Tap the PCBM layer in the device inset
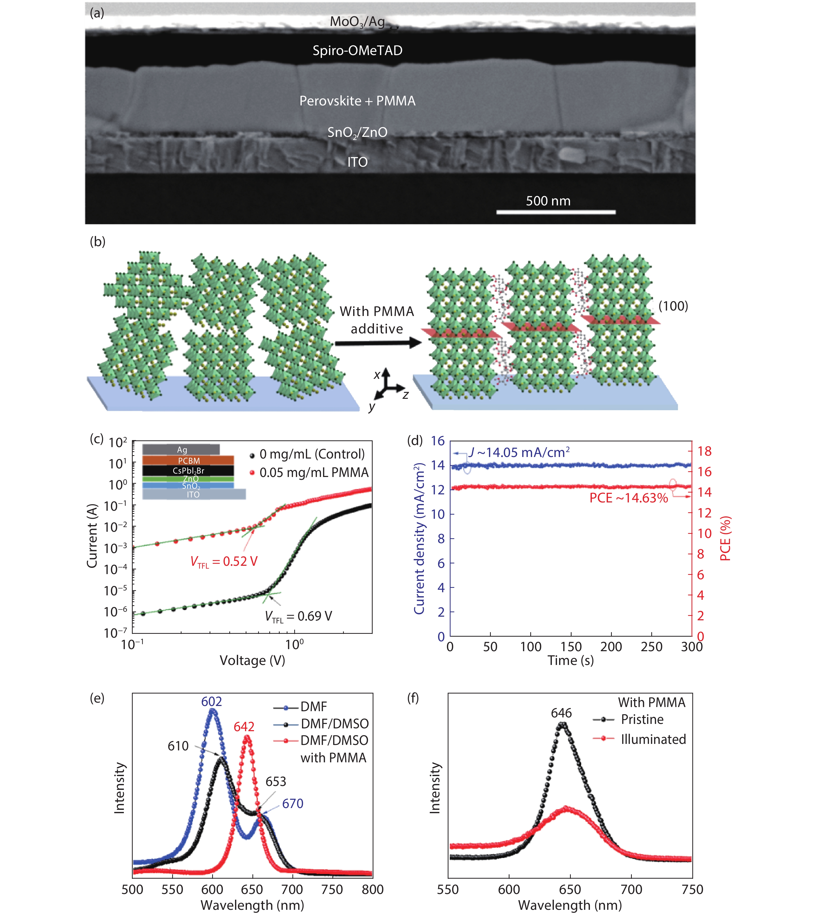point(188,460)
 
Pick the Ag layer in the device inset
point(181,449)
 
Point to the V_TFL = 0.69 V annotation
point(298,616)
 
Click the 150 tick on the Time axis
point(571,647)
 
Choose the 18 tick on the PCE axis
point(704,451)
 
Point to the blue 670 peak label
point(293,804)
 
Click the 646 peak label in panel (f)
point(561,713)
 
